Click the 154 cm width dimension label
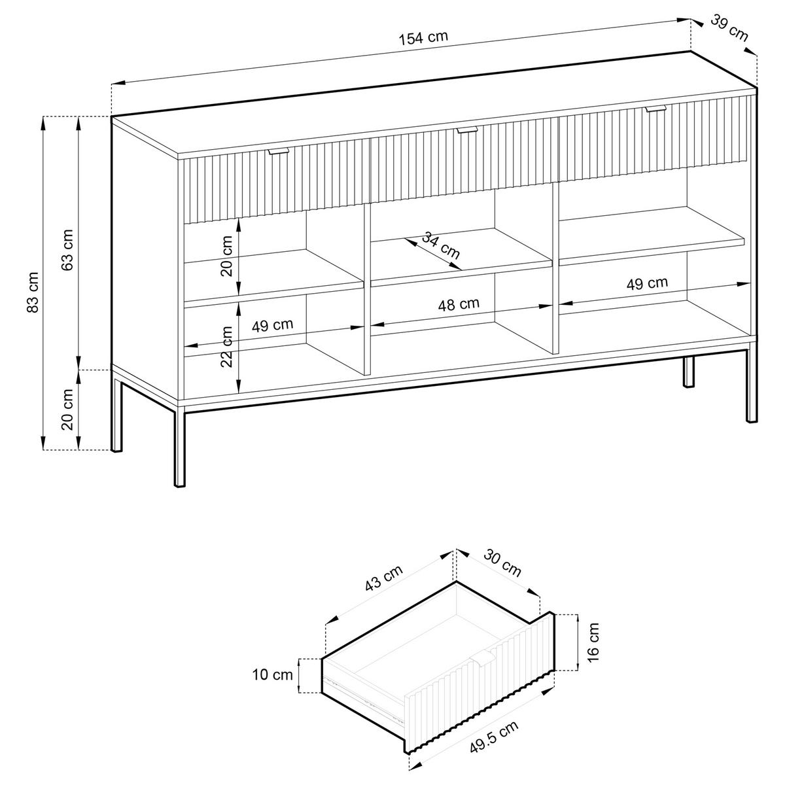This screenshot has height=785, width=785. click(x=423, y=37)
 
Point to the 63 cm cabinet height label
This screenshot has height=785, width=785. click(x=66, y=249)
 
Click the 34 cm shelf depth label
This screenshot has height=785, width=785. click(x=440, y=245)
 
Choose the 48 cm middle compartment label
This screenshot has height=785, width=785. click(x=459, y=304)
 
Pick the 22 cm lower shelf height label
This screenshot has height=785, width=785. click(x=226, y=346)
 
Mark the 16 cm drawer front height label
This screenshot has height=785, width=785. click(x=593, y=642)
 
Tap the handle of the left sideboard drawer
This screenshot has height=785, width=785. click(x=279, y=152)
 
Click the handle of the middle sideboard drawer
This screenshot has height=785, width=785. click(x=467, y=131)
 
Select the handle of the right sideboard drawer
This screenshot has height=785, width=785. click(x=655, y=109)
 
